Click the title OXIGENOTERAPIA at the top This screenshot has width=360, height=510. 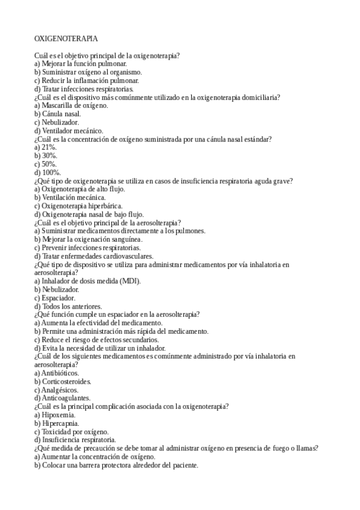pos(66,38)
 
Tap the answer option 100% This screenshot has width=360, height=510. pos(48,172)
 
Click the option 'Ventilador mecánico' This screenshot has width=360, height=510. pos(69,131)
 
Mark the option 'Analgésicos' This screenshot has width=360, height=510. pos(59,390)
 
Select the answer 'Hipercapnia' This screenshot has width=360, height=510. pos(60,423)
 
